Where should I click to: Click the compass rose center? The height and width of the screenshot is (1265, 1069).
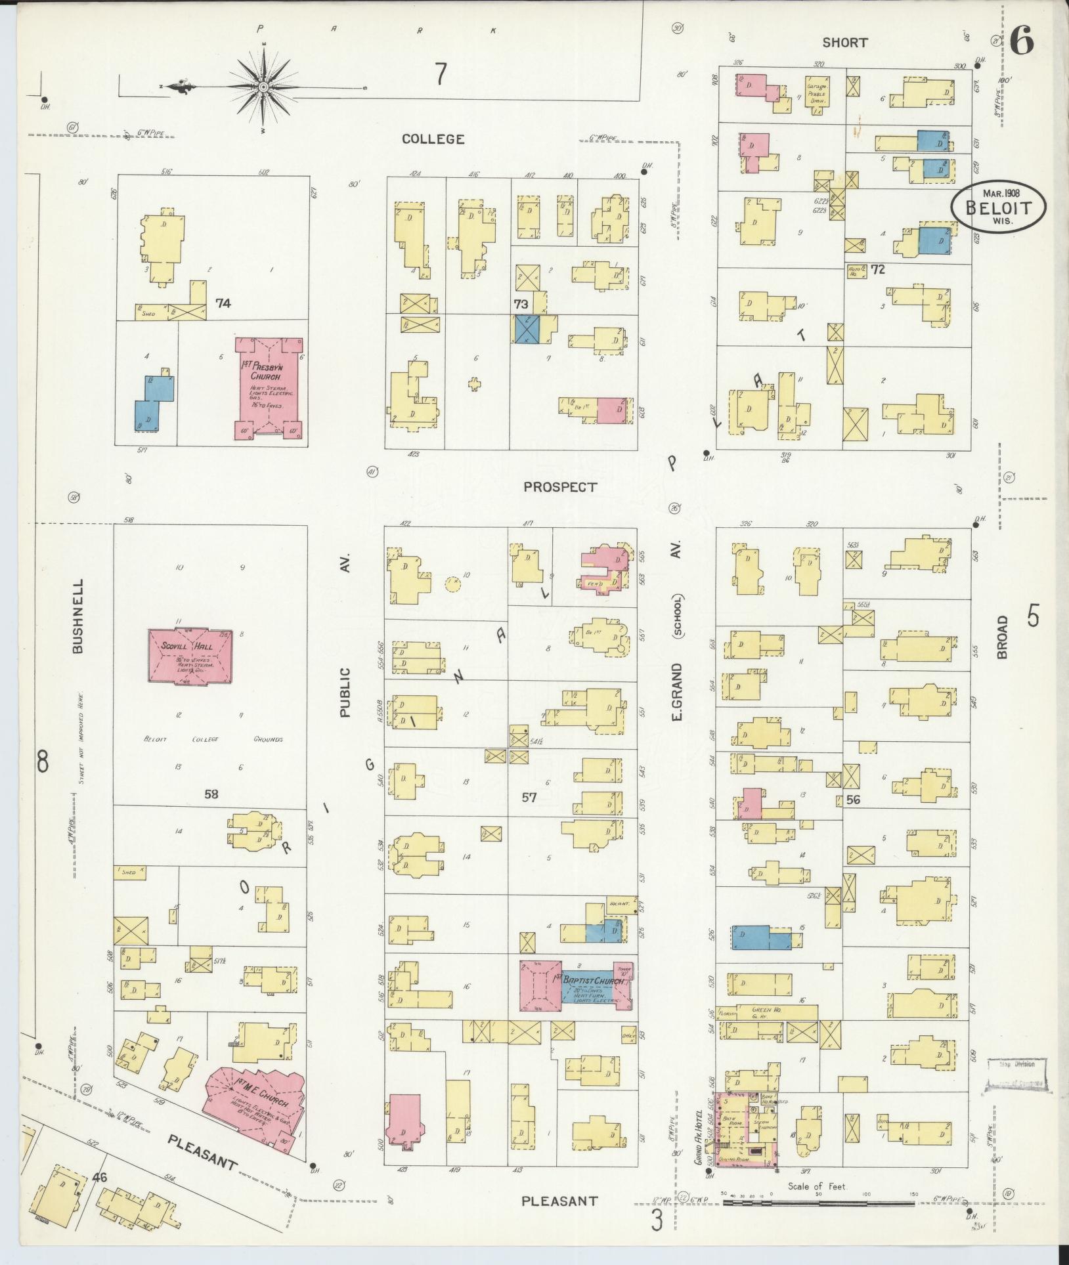(263, 87)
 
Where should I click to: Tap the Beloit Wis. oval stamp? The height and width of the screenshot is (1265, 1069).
(998, 206)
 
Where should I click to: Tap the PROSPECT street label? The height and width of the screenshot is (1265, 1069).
(561, 487)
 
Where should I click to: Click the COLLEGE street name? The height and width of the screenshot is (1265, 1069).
(433, 139)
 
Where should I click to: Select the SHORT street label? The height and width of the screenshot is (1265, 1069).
(844, 43)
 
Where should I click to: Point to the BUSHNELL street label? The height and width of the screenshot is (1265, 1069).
(77, 616)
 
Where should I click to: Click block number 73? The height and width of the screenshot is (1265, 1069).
(521, 304)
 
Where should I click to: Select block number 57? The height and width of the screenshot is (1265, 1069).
(529, 798)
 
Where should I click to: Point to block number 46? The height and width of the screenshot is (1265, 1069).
(100, 1177)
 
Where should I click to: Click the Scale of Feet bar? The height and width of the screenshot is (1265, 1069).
(818, 1203)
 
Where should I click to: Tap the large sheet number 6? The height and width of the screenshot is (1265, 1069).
(1022, 41)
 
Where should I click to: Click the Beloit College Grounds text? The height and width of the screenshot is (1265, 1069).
(213, 739)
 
